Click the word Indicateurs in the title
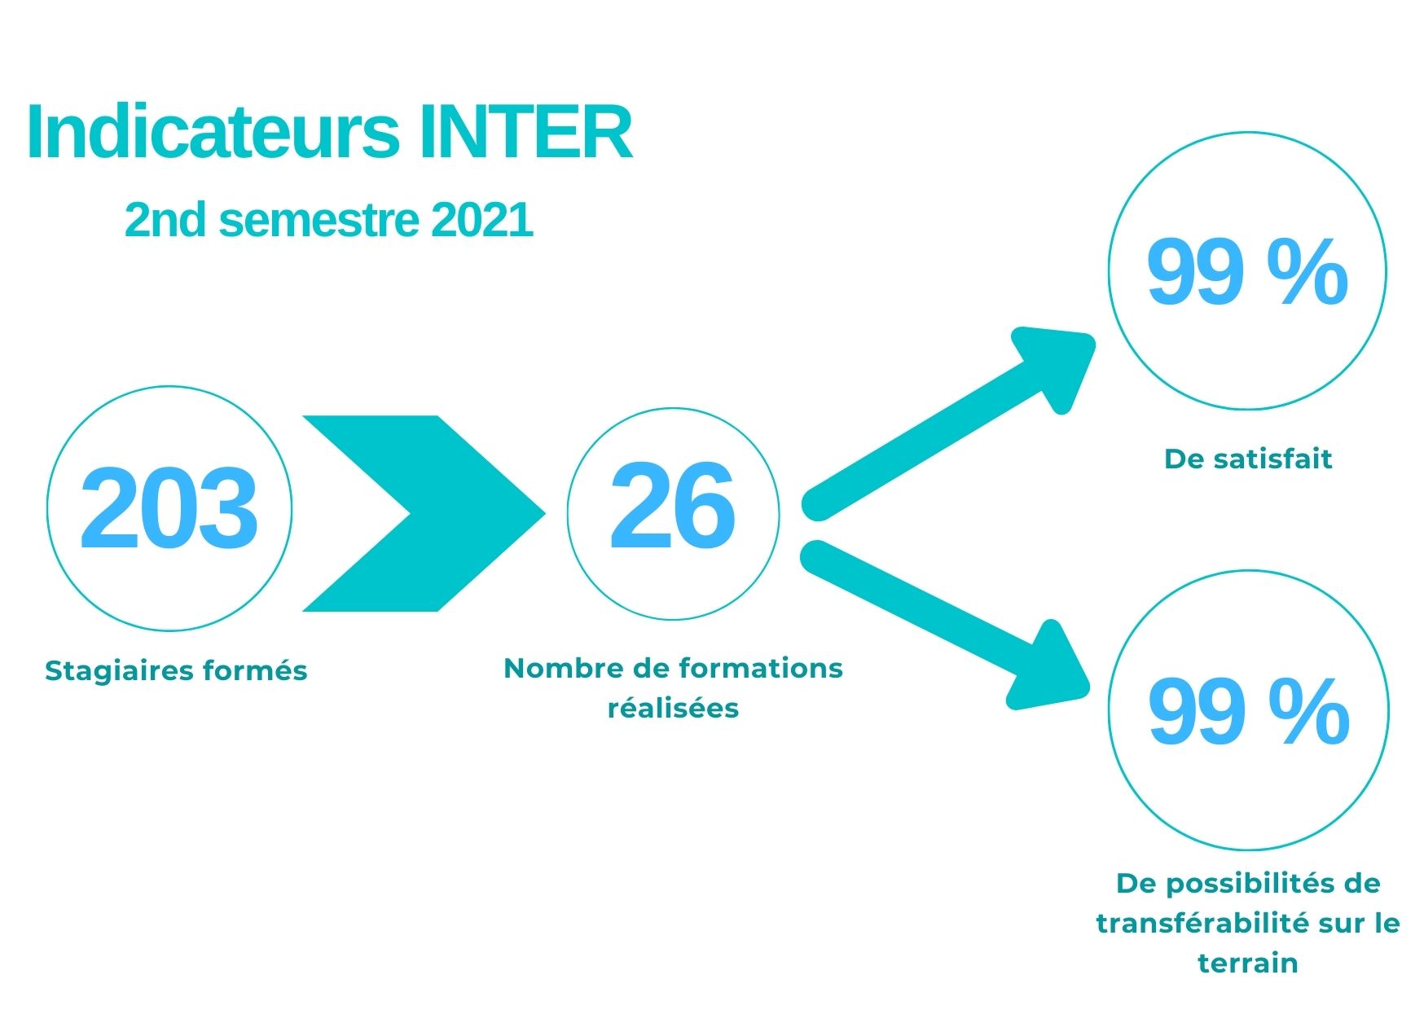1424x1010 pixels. click(213, 132)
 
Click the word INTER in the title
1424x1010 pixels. click(525, 132)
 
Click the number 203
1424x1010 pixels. click(169, 509)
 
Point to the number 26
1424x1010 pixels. click(672, 507)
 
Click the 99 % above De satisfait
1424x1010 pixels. click(1247, 271)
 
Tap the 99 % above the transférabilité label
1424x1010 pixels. click(1249, 712)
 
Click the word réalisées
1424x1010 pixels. click(673, 707)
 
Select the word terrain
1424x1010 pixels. click(1247, 963)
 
